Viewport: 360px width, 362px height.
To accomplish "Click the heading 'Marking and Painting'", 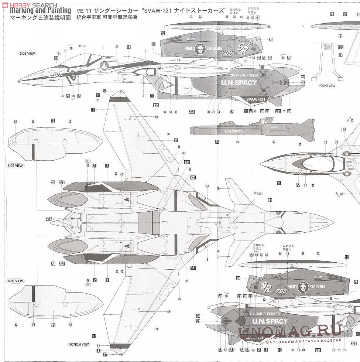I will [x=41, y=11].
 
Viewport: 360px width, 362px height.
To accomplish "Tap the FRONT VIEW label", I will [x=327, y=86].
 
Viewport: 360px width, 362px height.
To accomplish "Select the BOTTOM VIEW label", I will [x=79, y=344].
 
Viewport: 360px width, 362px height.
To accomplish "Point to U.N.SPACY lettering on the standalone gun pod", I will [x=233, y=131].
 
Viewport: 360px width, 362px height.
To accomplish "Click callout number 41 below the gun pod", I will [x=238, y=142].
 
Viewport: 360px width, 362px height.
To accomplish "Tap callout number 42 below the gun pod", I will [x=274, y=142].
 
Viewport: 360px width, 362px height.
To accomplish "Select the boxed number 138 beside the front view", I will [x=340, y=47].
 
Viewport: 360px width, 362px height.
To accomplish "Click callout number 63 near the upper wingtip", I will [x=98, y=100].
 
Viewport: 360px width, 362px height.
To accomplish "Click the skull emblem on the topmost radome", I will [x=200, y=49].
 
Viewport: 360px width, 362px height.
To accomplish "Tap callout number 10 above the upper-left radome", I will [x=70, y=121].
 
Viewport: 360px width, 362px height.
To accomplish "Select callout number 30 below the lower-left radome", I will [x=70, y=325].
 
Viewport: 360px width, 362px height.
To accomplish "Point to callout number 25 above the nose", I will [x=300, y=144].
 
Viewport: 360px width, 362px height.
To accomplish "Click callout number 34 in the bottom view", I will [x=207, y=186].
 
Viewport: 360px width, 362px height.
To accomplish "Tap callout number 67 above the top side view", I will [x=117, y=47].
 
